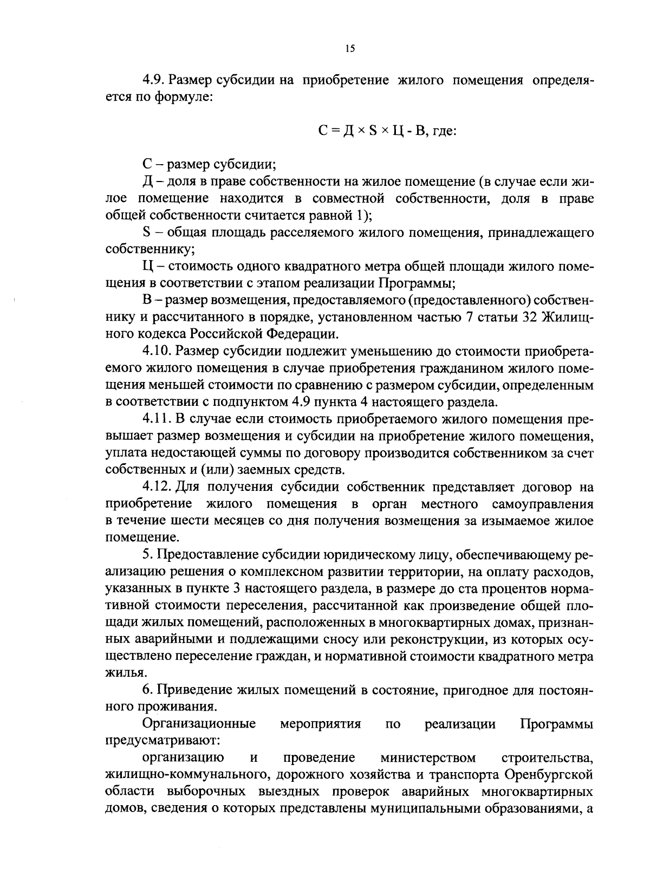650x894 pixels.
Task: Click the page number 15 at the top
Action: [x=349, y=49]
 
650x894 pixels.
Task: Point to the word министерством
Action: [x=428, y=757]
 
